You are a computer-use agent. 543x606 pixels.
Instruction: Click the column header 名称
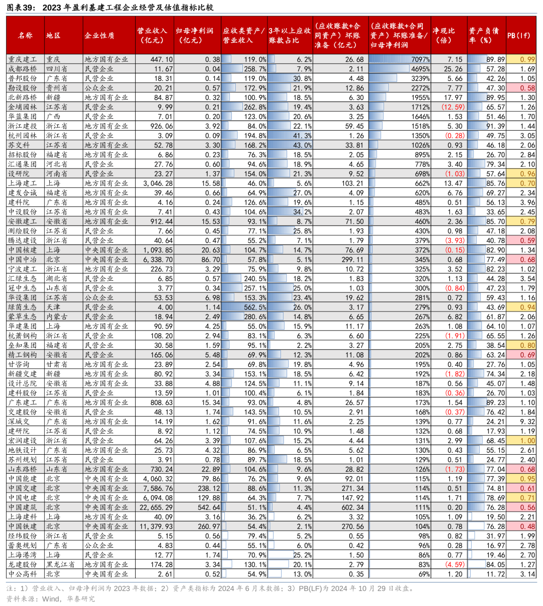25,35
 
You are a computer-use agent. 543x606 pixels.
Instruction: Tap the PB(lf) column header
521,35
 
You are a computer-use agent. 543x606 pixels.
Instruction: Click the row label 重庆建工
23,59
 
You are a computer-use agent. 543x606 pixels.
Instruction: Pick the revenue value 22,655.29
156,508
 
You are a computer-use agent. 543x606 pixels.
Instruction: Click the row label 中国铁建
23,526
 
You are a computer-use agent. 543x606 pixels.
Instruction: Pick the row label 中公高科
23,574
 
